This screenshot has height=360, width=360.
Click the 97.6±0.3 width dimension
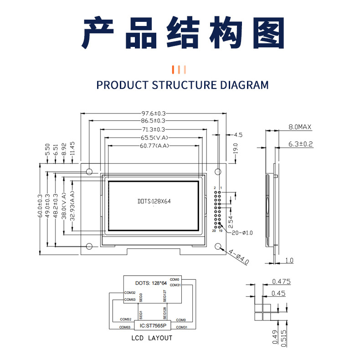pos(153,113)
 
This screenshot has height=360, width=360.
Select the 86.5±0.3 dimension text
pos(153,121)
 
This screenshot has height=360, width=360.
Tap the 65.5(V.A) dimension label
pos(153,138)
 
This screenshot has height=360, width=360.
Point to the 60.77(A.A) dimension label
pos(153,146)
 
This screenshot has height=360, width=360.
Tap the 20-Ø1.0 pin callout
pos(242,233)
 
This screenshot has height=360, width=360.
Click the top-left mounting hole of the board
pos(89,172)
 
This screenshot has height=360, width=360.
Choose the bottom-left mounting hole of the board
pos(89,247)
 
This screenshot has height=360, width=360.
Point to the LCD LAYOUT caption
pos(152,338)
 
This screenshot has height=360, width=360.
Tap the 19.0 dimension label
pos(235,149)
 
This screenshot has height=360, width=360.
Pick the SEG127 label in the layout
pos(165,296)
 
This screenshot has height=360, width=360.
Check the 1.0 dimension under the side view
pos(289,261)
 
